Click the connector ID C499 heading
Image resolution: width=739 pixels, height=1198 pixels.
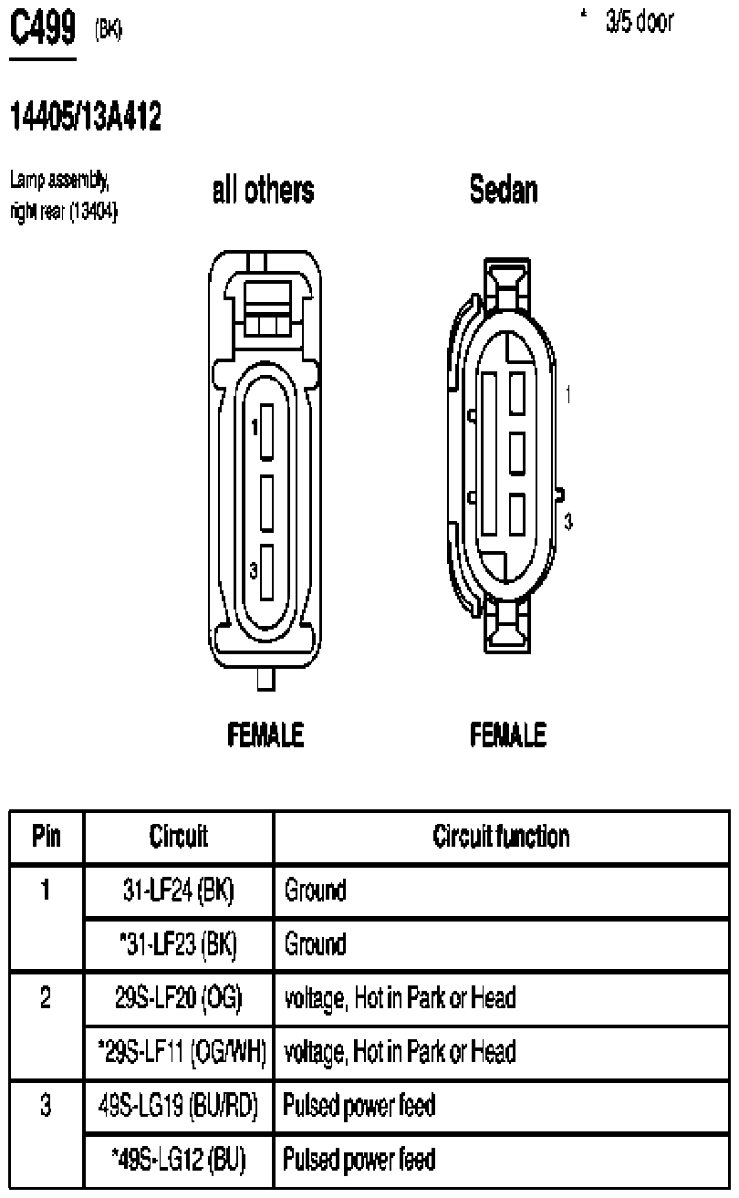tap(43, 27)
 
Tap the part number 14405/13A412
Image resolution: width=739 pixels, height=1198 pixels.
tap(86, 116)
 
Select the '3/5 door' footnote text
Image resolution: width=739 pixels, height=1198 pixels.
tap(640, 22)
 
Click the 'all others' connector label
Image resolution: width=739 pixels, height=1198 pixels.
tap(263, 190)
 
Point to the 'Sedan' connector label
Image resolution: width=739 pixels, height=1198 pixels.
tap(504, 190)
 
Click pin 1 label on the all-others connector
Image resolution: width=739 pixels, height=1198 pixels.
tap(255, 427)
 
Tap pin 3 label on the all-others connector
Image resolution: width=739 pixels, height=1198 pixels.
tap(254, 570)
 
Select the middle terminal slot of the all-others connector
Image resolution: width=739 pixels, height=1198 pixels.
tap(266, 503)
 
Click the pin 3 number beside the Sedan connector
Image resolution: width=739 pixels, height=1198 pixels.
tap(568, 521)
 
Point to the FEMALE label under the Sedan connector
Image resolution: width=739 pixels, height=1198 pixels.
tap(508, 734)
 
